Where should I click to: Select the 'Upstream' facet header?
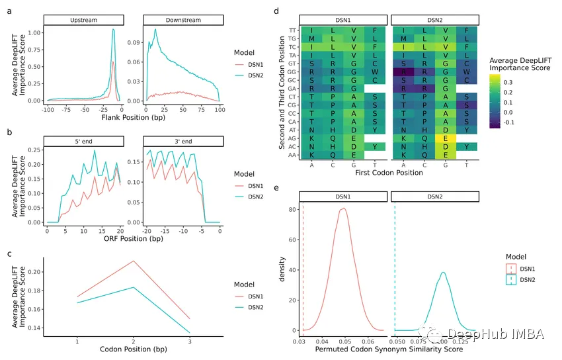[x=83, y=21]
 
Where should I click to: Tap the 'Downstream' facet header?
[x=177, y=21]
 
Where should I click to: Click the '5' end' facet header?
[x=83, y=141]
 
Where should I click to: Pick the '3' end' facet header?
[x=177, y=141]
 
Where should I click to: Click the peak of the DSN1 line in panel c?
[x=134, y=261]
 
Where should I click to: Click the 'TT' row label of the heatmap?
[x=292, y=30]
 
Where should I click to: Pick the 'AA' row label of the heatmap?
[x=292, y=155]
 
